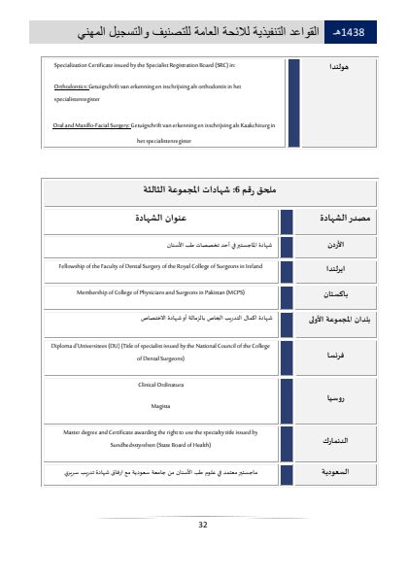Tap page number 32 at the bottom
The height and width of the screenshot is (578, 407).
(x=202, y=524)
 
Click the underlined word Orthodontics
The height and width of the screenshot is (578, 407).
(x=70, y=85)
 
